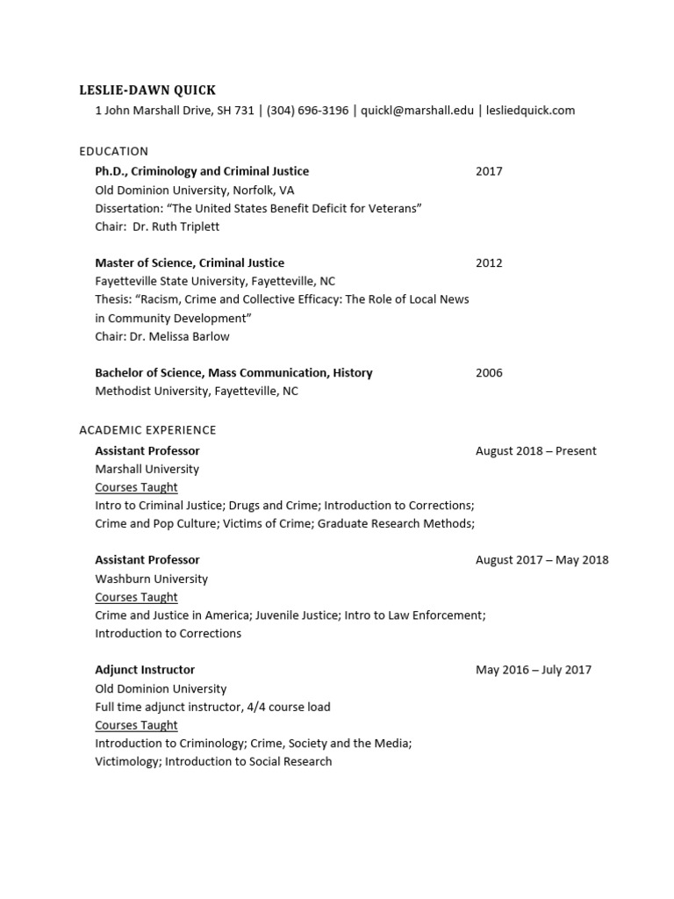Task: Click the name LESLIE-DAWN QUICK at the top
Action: point(147,90)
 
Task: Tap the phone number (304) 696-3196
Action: point(307,111)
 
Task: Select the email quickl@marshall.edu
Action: point(418,111)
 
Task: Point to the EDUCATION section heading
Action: point(113,151)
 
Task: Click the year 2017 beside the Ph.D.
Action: point(489,171)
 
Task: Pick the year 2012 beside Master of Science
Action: point(489,263)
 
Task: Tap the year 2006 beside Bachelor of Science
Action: point(489,372)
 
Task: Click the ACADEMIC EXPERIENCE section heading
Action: point(147,430)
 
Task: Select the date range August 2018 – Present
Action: point(535,451)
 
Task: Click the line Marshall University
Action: point(147,469)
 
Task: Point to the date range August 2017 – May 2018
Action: point(541,560)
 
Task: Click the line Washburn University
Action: point(151,579)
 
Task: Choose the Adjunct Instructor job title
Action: point(145,670)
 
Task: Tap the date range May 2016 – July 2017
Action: point(533,670)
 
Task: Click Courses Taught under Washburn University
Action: point(136,597)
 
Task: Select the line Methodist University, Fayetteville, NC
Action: point(197,391)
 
